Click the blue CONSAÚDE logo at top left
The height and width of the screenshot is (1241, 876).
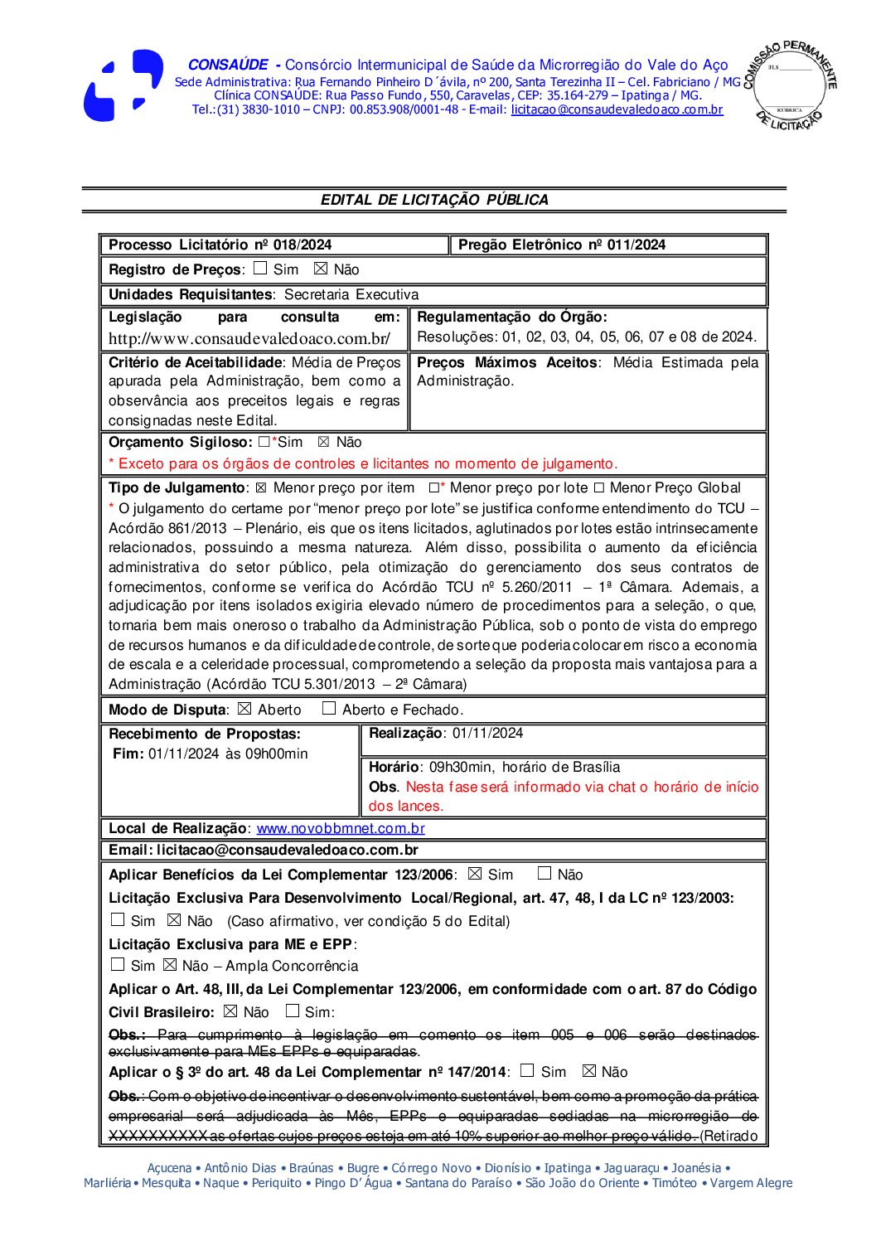[123, 85]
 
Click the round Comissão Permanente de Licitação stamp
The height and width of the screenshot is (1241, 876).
[789, 85]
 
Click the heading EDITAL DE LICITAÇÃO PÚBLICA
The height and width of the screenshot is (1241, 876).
[434, 200]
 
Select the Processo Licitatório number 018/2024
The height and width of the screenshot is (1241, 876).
[302, 245]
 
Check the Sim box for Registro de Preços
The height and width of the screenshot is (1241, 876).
[260, 269]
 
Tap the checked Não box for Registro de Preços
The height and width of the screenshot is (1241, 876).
[321, 269]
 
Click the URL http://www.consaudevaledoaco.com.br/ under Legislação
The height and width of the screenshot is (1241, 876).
[249, 338]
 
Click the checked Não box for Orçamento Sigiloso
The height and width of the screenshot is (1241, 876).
[323, 442]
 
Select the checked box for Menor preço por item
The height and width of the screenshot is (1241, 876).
[260, 488]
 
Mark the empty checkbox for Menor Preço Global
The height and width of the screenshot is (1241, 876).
[598, 488]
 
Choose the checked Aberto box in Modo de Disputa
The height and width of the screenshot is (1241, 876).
[244, 709]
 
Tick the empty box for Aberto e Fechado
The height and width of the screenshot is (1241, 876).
[328, 709]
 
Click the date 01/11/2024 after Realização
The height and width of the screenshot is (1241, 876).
[488, 733]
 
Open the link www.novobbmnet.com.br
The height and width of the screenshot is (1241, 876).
[341, 828]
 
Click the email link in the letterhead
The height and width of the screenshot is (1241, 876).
[617, 109]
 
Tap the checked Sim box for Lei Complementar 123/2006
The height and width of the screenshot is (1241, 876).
[474, 874]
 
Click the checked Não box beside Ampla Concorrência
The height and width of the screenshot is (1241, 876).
[170, 965]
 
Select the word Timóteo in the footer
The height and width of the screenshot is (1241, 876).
[674, 1183]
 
